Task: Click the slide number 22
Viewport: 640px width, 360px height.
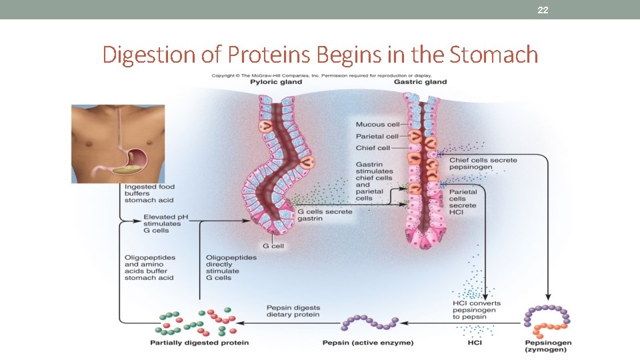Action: [x=543, y=9]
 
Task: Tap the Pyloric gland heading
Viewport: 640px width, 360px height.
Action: [x=276, y=82]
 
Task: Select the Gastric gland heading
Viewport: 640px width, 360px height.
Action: [x=420, y=82]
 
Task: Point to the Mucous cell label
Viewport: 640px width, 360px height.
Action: [x=377, y=125]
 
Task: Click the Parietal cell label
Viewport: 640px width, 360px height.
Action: [x=377, y=137]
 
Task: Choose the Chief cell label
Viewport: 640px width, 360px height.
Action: [x=373, y=148]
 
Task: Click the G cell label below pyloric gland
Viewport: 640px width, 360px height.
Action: [x=273, y=246]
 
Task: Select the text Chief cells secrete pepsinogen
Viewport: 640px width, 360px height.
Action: [x=483, y=164]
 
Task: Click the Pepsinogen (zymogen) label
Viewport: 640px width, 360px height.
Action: [x=547, y=346]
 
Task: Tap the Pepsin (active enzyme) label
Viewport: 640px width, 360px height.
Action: [x=368, y=343]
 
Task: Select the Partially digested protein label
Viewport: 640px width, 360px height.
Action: [x=199, y=343]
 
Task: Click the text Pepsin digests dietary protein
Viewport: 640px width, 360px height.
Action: [x=293, y=311]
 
